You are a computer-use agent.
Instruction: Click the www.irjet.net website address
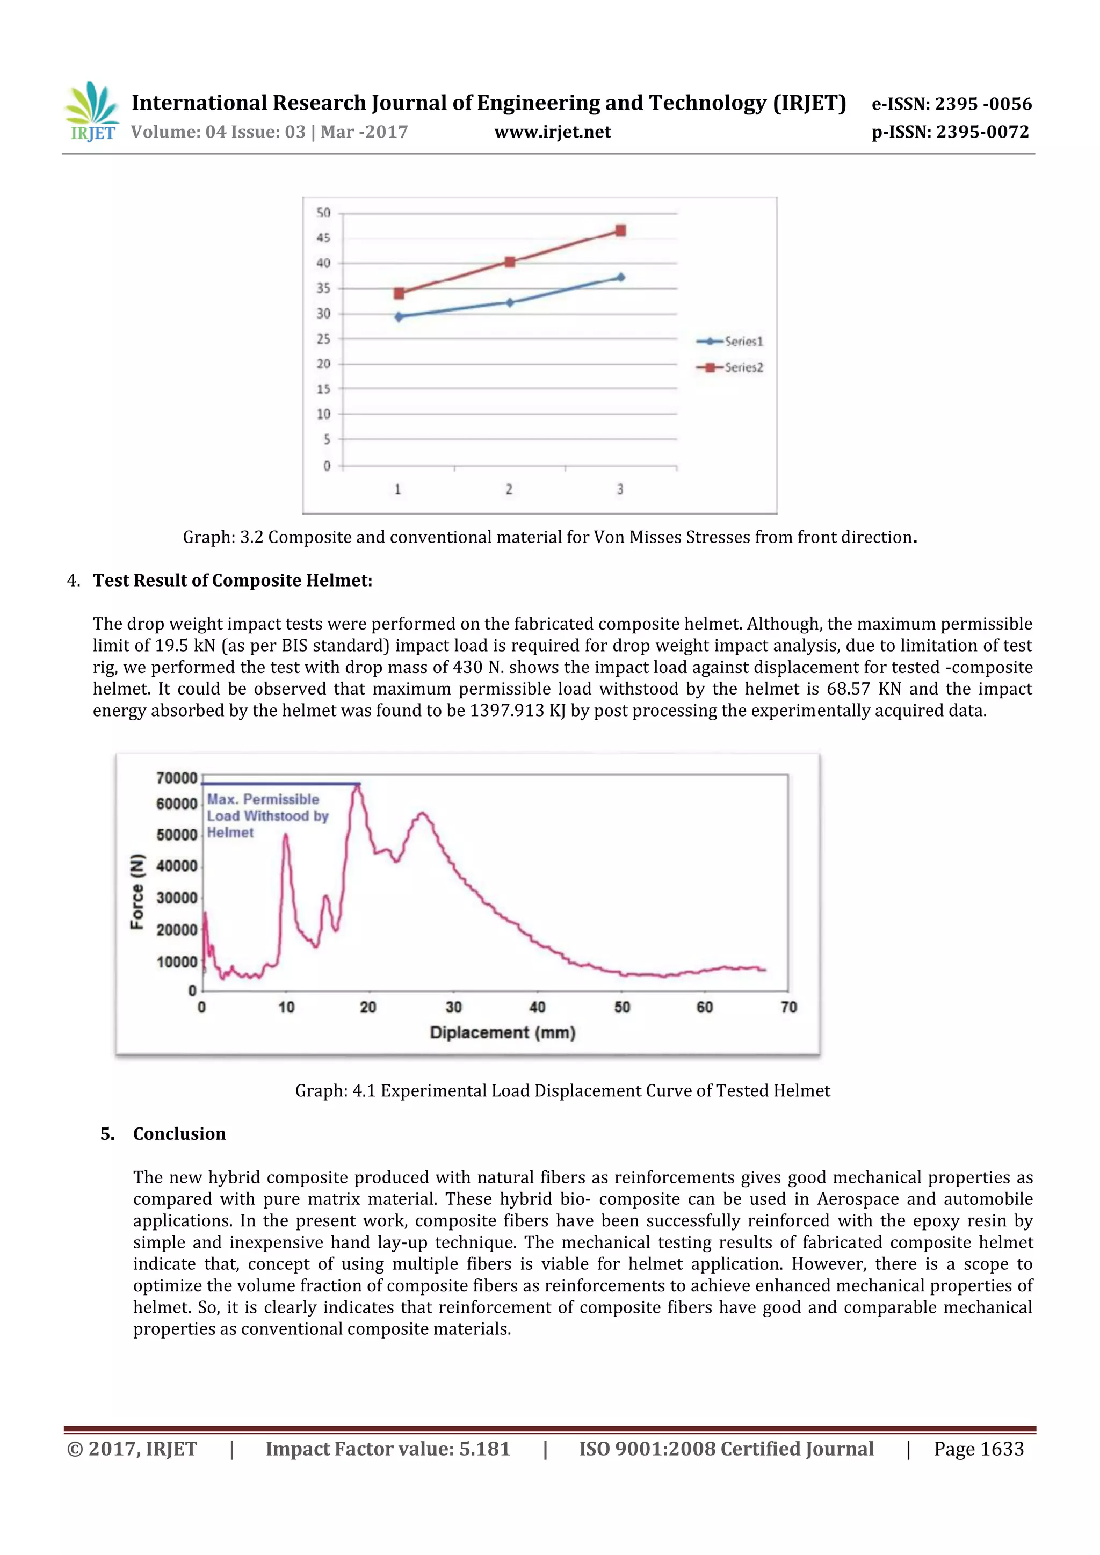pos(552,132)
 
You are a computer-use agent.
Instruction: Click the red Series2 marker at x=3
pos(620,231)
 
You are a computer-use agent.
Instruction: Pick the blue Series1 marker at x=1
pos(399,316)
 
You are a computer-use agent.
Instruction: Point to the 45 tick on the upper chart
pos(323,238)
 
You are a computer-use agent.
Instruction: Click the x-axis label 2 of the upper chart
pos(509,489)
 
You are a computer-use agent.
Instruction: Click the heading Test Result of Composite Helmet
pos(233,581)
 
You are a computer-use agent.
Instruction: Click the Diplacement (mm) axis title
pos(503,1033)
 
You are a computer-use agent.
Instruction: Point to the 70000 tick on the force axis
pos(176,778)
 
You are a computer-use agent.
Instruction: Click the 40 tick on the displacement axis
pos(537,1007)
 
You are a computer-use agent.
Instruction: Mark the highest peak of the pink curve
pos(357,786)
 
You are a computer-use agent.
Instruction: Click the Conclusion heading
pos(179,1134)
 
